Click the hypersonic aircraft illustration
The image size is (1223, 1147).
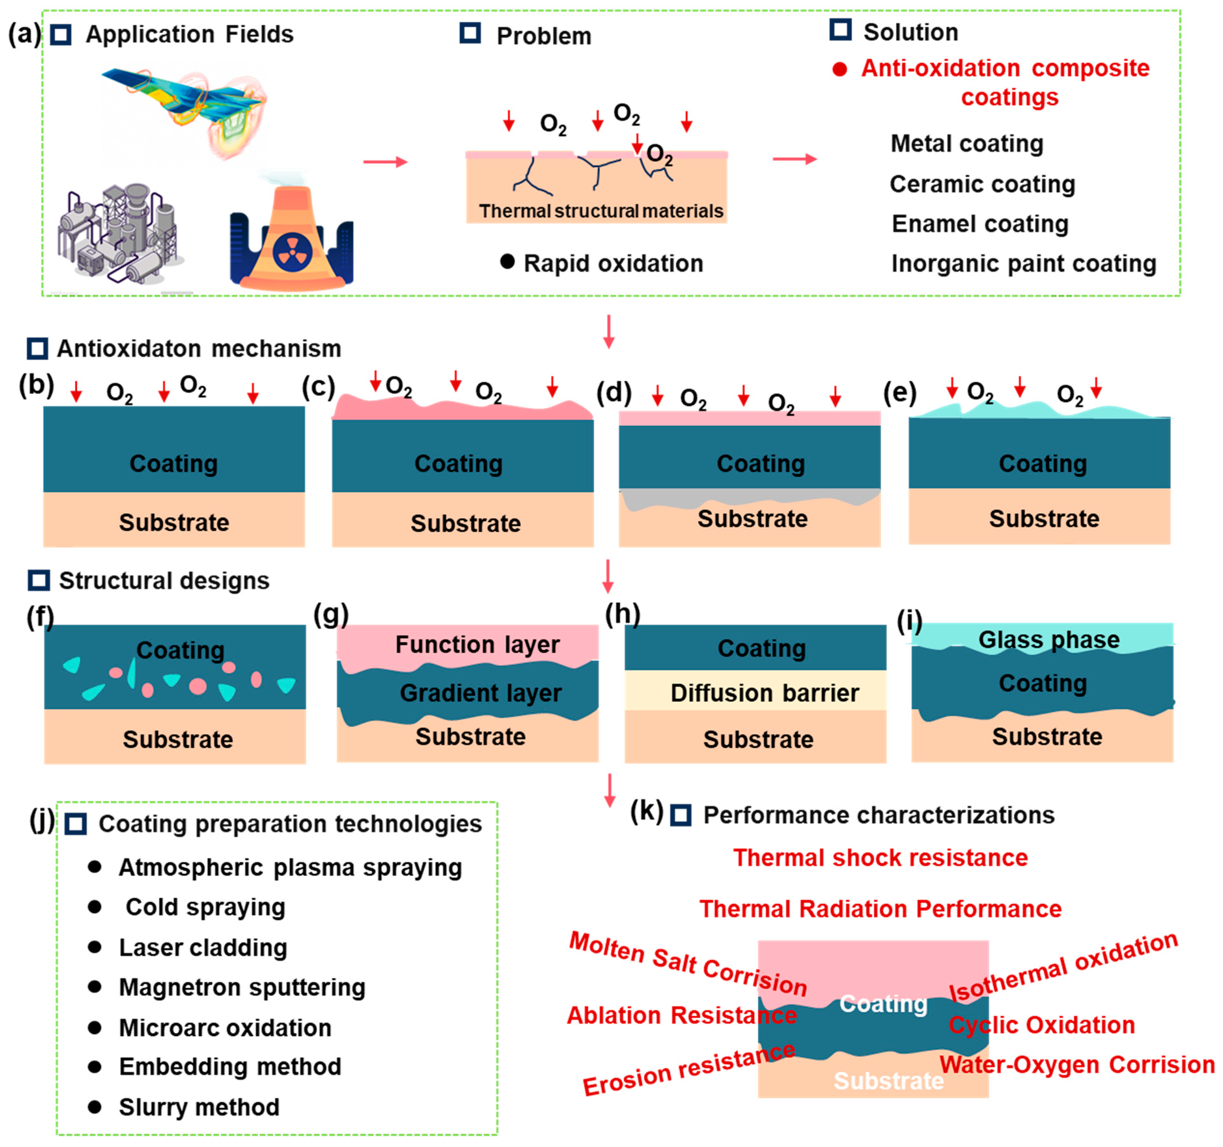(185, 111)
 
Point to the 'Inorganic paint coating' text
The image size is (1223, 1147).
(1024, 264)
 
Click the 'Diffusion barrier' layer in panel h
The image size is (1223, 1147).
(764, 693)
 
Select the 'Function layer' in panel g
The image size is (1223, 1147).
(477, 644)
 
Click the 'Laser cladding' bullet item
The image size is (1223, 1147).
(203, 948)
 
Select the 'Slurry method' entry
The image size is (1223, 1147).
(199, 1107)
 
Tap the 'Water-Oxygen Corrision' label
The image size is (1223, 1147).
(1077, 1065)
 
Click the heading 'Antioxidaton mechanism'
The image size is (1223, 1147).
(199, 349)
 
